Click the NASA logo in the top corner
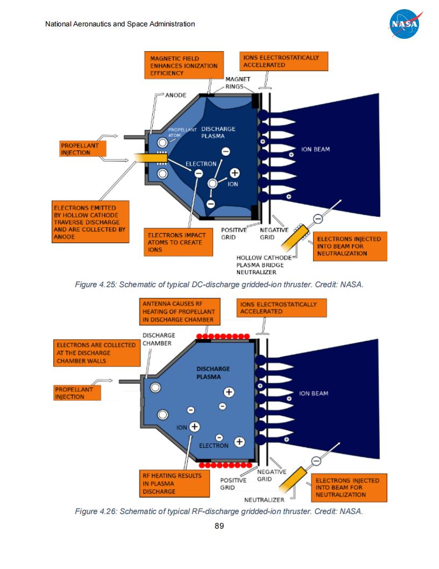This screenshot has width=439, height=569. pos(403,24)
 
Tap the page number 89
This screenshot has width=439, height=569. pos(219,526)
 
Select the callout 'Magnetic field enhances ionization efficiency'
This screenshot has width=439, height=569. pos(184,66)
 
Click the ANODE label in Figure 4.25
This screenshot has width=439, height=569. pos(175,95)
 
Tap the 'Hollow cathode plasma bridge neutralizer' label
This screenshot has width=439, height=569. pos(260,265)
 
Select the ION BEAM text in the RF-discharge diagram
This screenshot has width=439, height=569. pos(314,393)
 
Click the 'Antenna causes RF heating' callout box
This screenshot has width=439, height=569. pos(179,312)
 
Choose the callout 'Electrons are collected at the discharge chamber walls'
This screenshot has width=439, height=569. pos(96,353)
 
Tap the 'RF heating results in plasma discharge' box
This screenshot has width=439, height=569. pos(174,483)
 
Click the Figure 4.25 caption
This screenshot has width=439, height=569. pos(219,284)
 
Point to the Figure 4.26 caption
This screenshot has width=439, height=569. pos(219,511)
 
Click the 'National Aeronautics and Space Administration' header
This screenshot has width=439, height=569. pos(120,24)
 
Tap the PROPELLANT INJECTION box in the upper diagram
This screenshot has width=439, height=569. pos(83,149)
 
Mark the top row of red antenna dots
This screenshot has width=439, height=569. pos(223,337)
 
